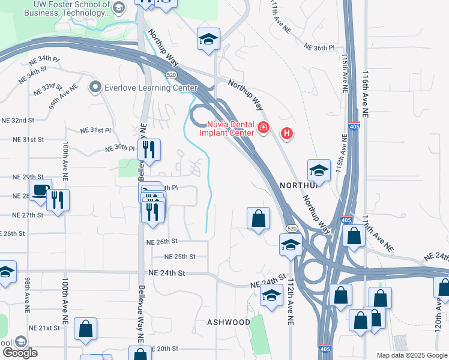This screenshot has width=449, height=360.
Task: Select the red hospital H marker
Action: click(x=288, y=133)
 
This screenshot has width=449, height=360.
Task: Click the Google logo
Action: click(x=20, y=353)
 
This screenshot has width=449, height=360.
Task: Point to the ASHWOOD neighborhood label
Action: click(x=229, y=322)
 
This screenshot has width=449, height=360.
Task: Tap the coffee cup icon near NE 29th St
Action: click(x=40, y=191)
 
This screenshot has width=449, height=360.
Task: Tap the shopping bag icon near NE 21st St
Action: click(x=86, y=328)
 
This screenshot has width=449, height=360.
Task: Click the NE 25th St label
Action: click(x=181, y=256)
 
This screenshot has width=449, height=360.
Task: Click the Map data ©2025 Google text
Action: click(x=411, y=355)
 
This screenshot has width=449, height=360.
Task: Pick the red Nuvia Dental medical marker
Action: click(x=263, y=127)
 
